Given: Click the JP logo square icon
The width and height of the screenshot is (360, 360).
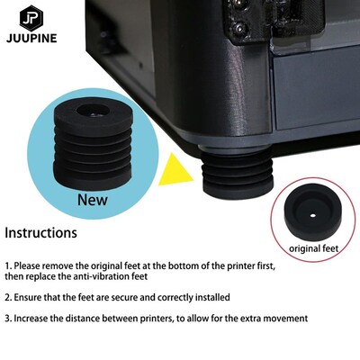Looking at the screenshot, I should click(31, 21).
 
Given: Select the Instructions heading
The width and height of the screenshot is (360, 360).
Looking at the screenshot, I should click(40, 233).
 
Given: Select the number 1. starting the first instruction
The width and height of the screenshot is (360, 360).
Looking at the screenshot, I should click(8, 267).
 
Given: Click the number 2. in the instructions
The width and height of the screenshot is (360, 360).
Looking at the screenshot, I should click(8, 297).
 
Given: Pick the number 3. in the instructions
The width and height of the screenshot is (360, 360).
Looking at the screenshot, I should click(8, 319).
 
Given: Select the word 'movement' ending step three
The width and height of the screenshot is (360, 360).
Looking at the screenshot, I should click(285, 319).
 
